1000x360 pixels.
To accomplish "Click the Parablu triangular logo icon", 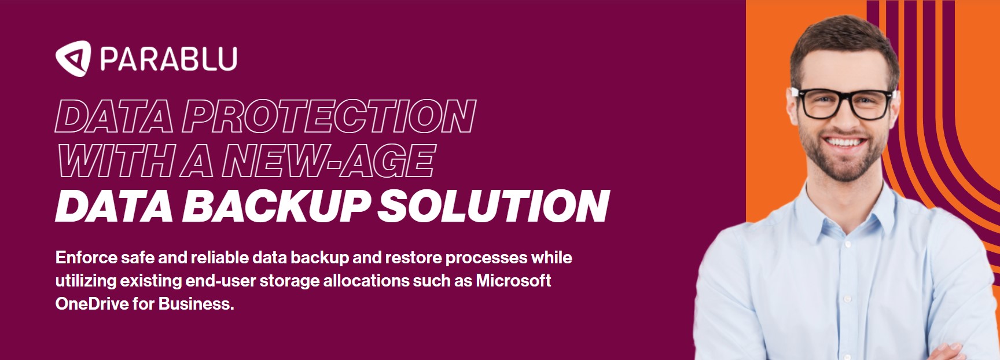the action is point(73,58).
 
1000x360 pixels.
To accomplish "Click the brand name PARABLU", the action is point(168,59).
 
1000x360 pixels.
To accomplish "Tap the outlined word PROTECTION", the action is point(329,116).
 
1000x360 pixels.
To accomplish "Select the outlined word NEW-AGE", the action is point(328,161).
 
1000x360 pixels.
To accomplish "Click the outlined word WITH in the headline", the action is point(116,161).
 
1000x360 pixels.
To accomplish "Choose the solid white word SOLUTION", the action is point(494,206).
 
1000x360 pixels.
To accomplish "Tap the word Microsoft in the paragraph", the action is point(513,281).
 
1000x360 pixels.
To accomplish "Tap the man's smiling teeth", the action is point(843,142).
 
